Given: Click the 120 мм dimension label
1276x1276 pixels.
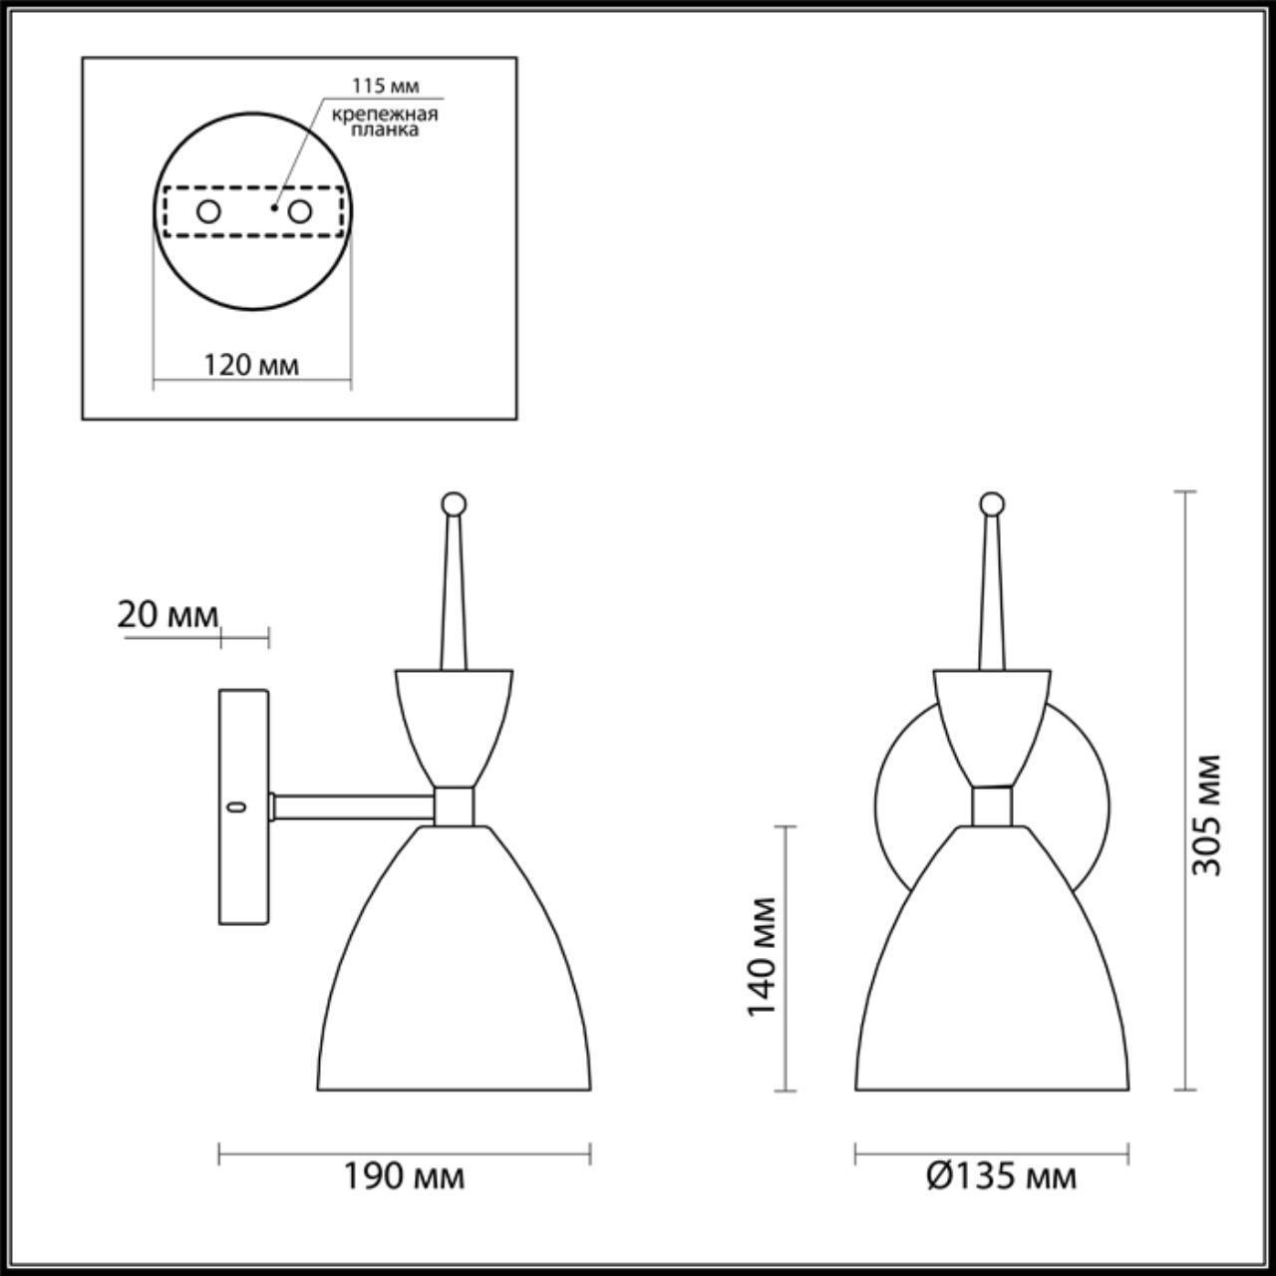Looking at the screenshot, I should tap(251, 365).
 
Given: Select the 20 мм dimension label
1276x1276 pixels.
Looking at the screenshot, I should tap(167, 615).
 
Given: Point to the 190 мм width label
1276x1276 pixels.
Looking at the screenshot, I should tap(404, 1177).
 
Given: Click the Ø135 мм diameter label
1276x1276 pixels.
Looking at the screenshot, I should tap(1001, 1177).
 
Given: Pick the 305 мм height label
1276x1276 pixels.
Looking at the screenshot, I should tap(1207, 813).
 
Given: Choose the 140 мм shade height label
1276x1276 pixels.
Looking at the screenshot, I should tap(762, 956).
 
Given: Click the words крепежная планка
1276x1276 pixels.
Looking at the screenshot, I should tap(385, 121).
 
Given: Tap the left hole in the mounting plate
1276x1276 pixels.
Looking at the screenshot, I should tap(208, 211).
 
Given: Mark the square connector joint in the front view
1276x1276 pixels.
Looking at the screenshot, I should tap(991, 805).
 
